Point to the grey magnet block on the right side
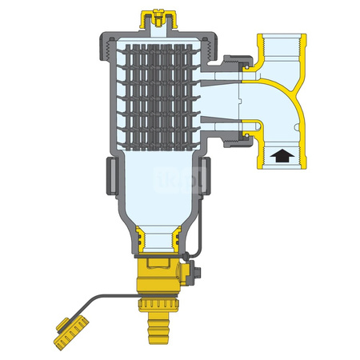click(x=205, y=175)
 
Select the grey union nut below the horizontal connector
click(x=229, y=136)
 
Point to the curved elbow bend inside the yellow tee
click(x=292, y=104)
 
